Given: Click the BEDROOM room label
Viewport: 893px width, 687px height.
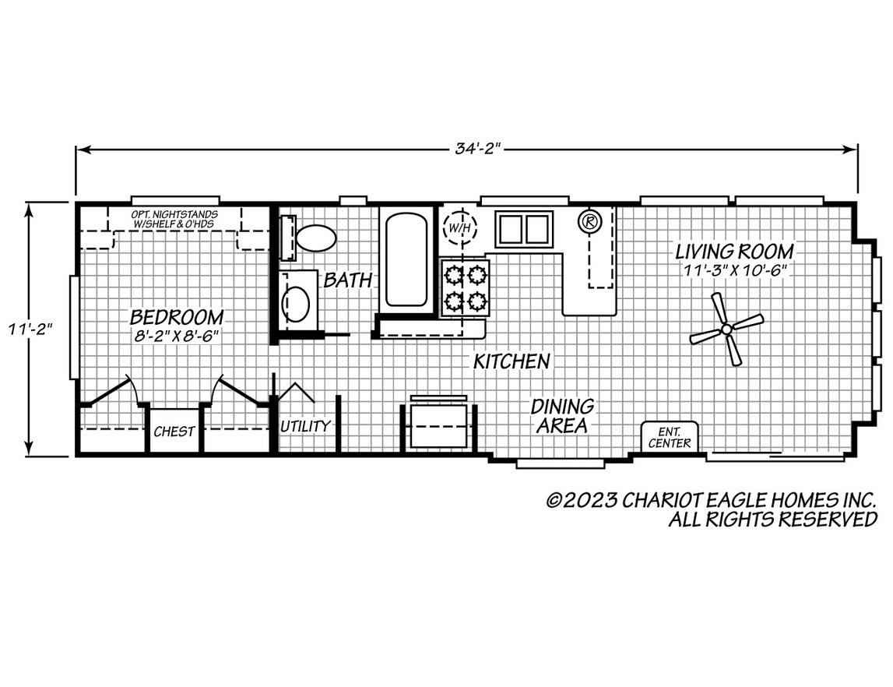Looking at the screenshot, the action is [177, 316].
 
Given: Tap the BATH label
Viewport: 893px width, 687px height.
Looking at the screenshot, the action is [347, 280].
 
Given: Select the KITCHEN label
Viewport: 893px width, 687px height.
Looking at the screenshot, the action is [512, 361].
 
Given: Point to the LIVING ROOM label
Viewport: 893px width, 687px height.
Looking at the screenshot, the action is [734, 252].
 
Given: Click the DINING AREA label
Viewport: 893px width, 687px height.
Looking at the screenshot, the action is [562, 416].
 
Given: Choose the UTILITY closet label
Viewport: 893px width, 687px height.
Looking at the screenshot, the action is [305, 426].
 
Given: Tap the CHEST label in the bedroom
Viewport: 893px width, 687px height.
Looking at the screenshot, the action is [174, 432].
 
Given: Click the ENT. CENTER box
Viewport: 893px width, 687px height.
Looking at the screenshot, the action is [670, 436].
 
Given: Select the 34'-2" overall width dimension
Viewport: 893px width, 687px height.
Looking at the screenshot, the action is [476, 149].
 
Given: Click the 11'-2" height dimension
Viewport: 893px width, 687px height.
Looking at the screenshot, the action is [30, 329].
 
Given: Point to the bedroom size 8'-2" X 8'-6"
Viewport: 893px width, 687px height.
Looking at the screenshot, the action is [177, 336].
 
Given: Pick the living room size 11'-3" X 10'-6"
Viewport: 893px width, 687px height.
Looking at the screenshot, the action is [735, 270].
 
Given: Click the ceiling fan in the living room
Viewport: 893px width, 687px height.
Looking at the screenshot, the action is [726, 329].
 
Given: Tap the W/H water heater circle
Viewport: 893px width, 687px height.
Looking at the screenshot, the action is [460, 227].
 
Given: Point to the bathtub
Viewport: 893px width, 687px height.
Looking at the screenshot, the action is [406, 259].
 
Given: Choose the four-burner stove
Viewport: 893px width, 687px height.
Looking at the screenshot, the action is [465, 287].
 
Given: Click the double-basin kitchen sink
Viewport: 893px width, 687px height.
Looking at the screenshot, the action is [524, 229].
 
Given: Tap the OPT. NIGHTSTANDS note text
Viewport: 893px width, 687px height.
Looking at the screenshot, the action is [174, 220].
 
